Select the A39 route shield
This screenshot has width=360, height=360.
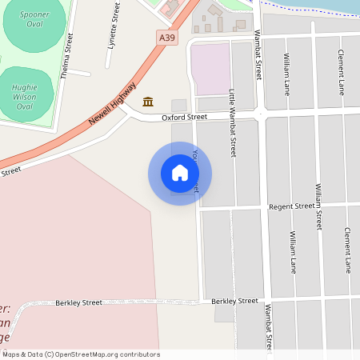point(166,37)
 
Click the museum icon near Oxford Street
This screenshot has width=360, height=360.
point(148,102)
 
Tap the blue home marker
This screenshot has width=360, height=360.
point(180,173)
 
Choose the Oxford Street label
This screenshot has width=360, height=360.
point(184,117)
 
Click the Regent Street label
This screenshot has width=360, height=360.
point(291,206)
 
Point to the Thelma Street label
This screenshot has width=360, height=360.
point(66,54)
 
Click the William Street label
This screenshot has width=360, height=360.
point(318,206)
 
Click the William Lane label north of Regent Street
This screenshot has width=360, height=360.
point(286,74)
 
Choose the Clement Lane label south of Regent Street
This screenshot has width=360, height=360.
point(348,250)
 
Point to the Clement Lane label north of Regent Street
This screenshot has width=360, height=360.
point(341,74)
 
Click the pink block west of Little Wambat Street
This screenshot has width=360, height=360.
point(210,69)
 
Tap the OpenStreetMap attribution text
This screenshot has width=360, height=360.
point(81,354)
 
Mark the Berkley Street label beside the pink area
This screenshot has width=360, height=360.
point(78,302)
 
